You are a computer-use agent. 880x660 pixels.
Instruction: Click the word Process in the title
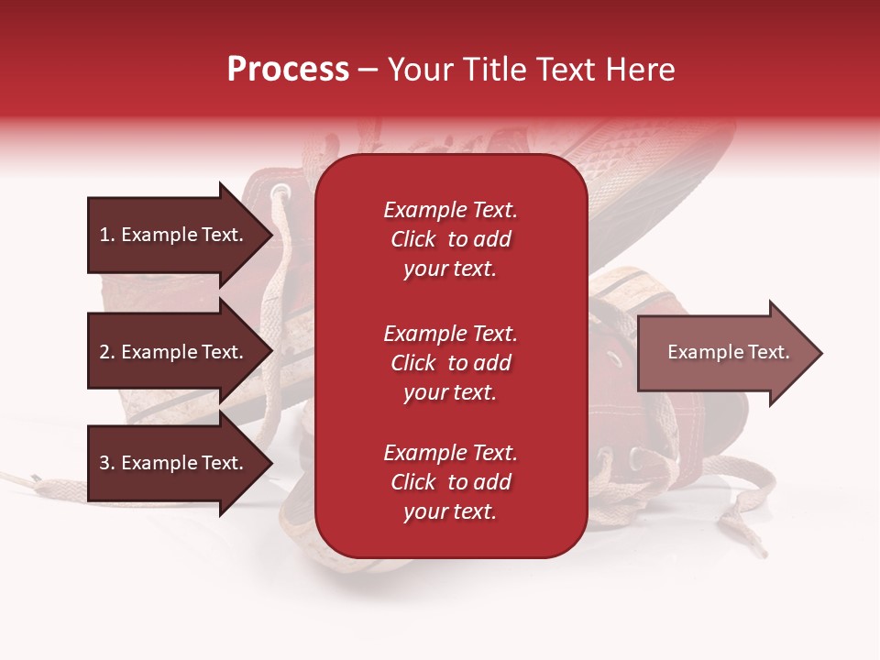click(x=288, y=70)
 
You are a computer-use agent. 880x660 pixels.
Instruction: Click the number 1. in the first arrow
click(x=107, y=235)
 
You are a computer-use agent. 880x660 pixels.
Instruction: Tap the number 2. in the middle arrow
click(x=107, y=352)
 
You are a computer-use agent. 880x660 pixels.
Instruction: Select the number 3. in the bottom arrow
click(x=107, y=464)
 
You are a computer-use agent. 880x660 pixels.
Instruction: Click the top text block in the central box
click(x=450, y=239)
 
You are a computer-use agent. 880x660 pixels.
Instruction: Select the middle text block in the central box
click(x=450, y=363)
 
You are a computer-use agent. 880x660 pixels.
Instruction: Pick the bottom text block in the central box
click(x=450, y=482)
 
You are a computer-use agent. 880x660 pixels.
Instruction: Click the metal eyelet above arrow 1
click(x=280, y=192)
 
